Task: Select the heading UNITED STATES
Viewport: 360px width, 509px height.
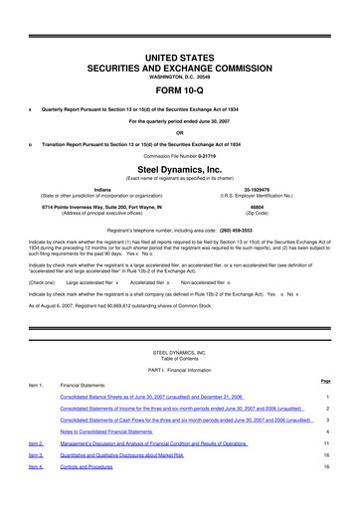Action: [x=180, y=33]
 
